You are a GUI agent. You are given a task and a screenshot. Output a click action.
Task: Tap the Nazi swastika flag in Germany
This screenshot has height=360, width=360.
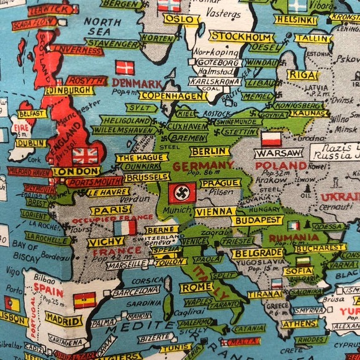[x=182, y=193]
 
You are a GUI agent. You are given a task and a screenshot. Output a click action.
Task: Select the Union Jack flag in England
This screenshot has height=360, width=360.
[x=85, y=155]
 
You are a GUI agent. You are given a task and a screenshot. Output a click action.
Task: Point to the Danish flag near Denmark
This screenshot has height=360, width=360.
[x=125, y=68]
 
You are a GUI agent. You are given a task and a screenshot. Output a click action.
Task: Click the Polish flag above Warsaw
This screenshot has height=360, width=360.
[x=271, y=138]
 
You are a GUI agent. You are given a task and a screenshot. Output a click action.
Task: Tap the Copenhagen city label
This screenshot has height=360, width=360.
[x=173, y=96]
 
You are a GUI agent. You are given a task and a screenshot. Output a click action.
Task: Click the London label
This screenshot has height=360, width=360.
[x=76, y=171]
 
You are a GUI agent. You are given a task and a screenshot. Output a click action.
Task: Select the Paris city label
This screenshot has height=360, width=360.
[x=110, y=210]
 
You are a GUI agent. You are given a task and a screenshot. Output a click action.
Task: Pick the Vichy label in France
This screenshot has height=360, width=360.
[x=106, y=241]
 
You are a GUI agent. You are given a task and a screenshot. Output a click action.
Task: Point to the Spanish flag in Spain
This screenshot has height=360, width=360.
[x=84, y=300]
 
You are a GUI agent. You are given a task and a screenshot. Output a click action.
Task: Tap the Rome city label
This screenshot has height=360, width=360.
[x=196, y=287]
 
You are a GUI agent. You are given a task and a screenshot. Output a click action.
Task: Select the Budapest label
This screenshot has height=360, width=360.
[x=257, y=220]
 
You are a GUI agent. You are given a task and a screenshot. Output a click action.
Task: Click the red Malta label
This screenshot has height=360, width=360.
[x=240, y=342]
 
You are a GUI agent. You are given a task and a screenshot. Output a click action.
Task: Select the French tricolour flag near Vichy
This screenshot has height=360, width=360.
[x=124, y=227]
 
